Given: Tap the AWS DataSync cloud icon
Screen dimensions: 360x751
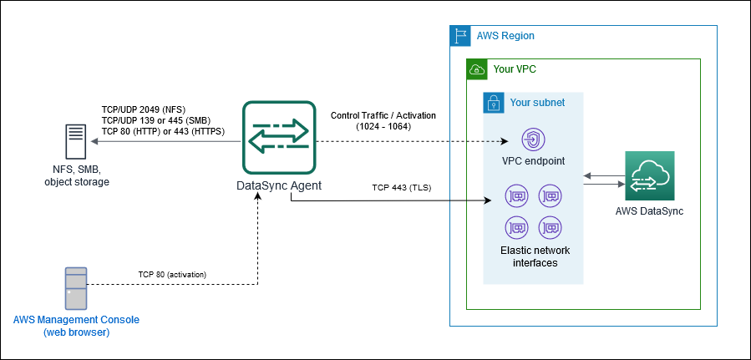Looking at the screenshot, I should point(649,176).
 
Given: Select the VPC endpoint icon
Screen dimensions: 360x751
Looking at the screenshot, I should point(533,139).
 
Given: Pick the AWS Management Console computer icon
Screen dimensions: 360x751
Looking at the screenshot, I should point(76,288).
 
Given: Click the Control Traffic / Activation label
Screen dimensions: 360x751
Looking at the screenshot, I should point(383,115).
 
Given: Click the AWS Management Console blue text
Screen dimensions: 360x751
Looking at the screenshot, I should point(76,320).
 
